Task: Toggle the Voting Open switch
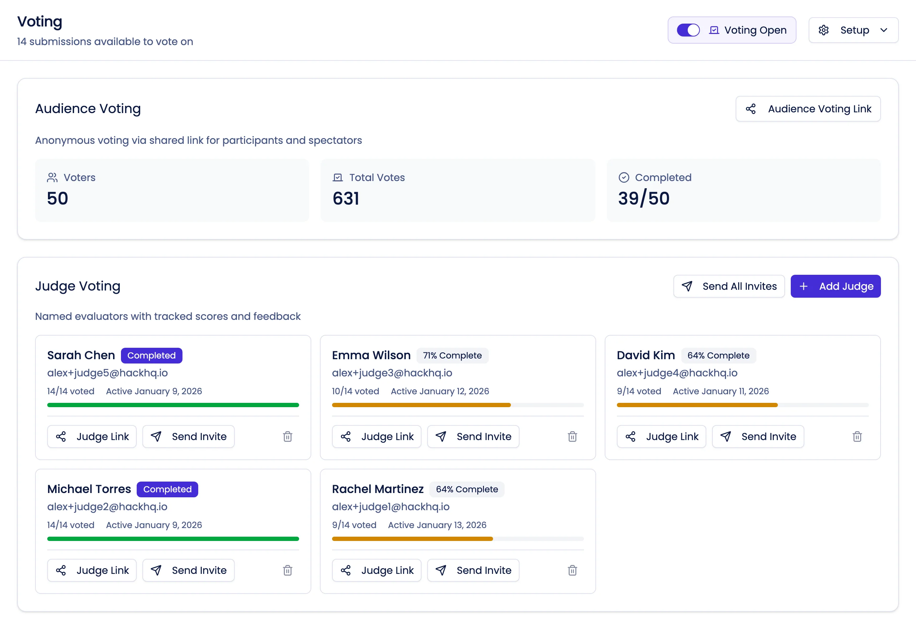(x=688, y=30)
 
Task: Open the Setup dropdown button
(x=853, y=30)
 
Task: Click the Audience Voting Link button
(x=808, y=109)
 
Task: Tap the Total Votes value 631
(x=346, y=199)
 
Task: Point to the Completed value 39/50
(x=643, y=199)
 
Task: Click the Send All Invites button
(x=729, y=286)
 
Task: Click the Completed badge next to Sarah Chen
(x=151, y=356)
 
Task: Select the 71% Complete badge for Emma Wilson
(x=452, y=356)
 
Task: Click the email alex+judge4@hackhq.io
(x=677, y=373)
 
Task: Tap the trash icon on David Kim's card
(x=857, y=436)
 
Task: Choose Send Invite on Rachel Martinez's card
(x=473, y=570)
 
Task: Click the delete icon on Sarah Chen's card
(x=287, y=436)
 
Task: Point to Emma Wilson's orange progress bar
(x=421, y=405)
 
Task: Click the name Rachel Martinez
(x=377, y=489)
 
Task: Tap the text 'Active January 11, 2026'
(x=721, y=391)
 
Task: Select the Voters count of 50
(x=58, y=199)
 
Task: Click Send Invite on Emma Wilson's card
(x=473, y=436)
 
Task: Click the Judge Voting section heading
(x=78, y=286)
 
